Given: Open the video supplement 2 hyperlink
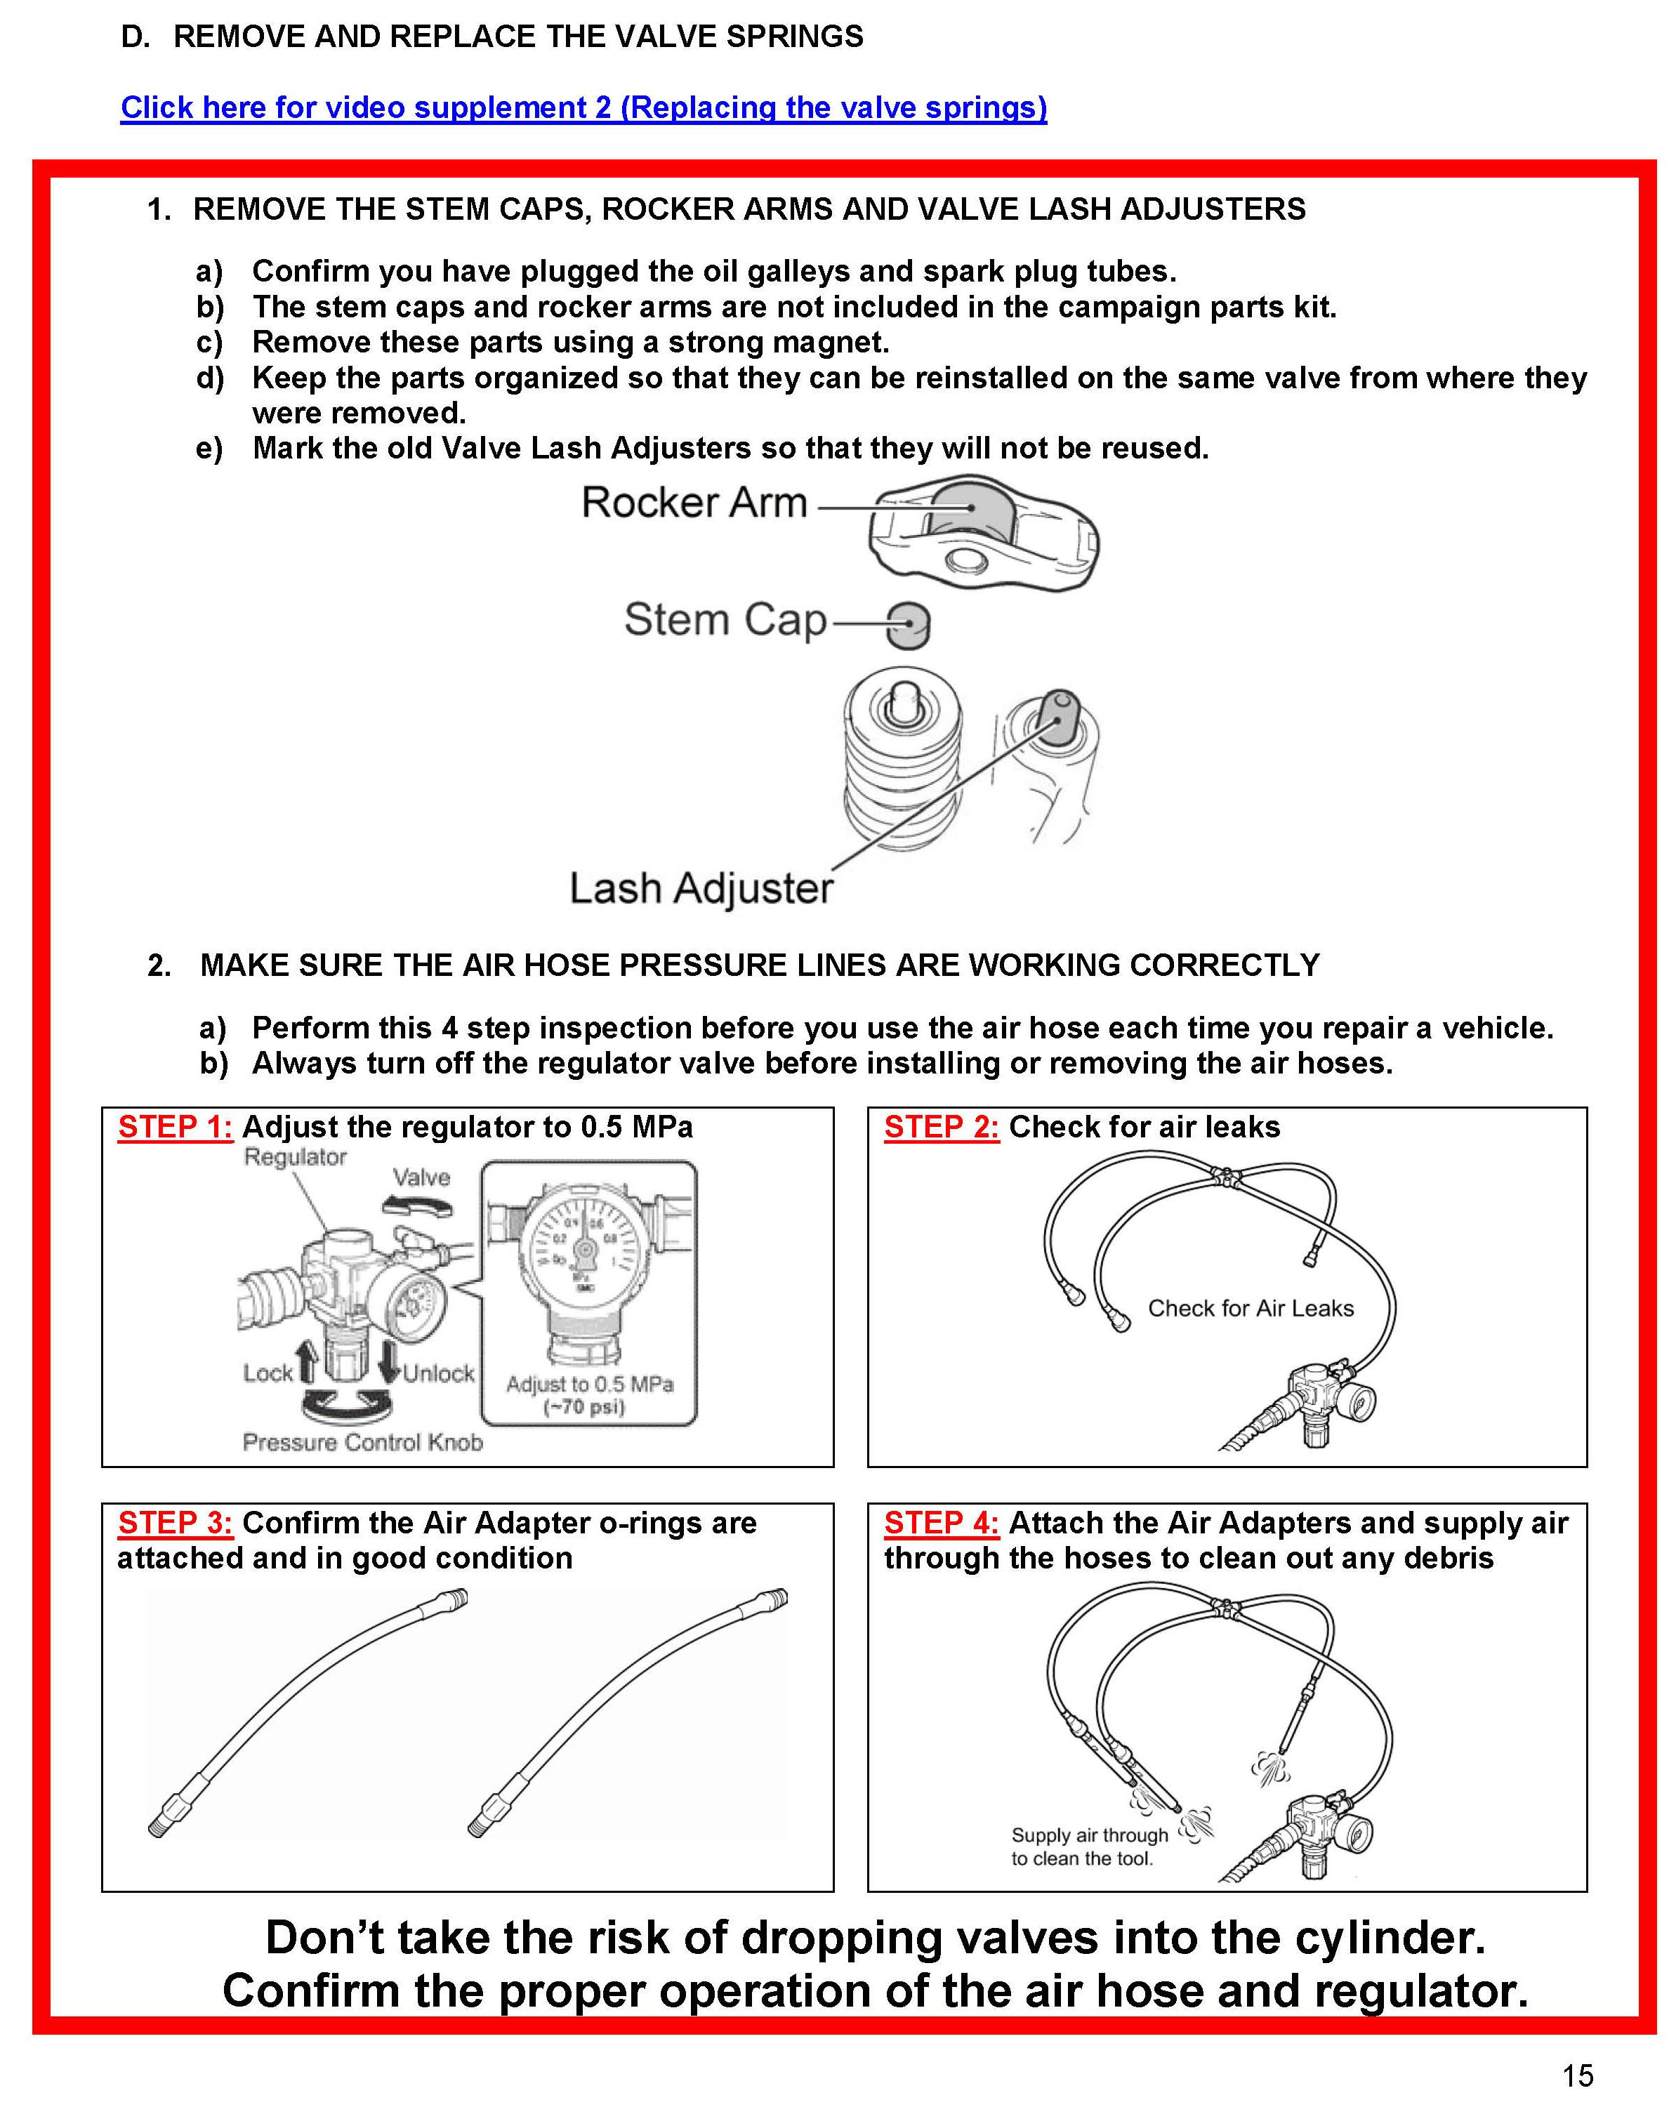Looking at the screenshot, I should pyautogui.click(x=583, y=107).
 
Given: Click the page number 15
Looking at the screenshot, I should pyautogui.click(x=1577, y=2075).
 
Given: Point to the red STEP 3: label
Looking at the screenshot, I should pyautogui.click(x=175, y=1523).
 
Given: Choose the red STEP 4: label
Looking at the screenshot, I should pyautogui.click(x=941, y=1523).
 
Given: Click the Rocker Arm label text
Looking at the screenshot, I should pyautogui.click(x=694, y=503).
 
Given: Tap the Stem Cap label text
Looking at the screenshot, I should pyautogui.click(x=725, y=620).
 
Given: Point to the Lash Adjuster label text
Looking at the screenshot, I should pyautogui.click(x=701, y=889).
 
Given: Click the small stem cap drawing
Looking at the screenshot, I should pyautogui.click(x=908, y=625).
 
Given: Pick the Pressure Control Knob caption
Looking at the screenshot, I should pyautogui.click(x=362, y=1443).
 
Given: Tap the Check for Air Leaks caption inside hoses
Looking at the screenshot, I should pyautogui.click(x=1251, y=1309).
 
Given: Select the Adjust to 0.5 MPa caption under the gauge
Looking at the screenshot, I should pyautogui.click(x=589, y=1385).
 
